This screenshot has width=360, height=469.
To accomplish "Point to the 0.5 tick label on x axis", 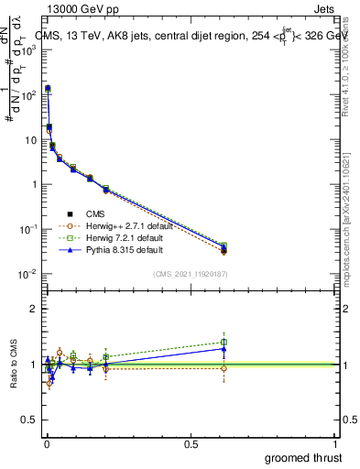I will pyautogui.click(x=191, y=443).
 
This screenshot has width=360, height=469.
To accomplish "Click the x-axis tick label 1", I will pyautogui.click(x=336, y=443).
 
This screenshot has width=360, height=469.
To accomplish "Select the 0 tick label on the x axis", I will pyautogui.click(x=46, y=443).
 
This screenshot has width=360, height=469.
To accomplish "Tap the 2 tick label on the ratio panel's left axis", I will pyautogui.click(x=33, y=310).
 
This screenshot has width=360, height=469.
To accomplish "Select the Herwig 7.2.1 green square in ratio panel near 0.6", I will pyautogui.click(x=224, y=343).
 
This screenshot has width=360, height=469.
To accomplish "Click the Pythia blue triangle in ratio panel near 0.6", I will pyautogui.click(x=224, y=349).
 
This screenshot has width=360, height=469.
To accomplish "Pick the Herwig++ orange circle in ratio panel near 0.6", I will pyautogui.click(x=224, y=368).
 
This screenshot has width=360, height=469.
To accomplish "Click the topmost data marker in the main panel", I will pyautogui.click(x=48, y=89).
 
